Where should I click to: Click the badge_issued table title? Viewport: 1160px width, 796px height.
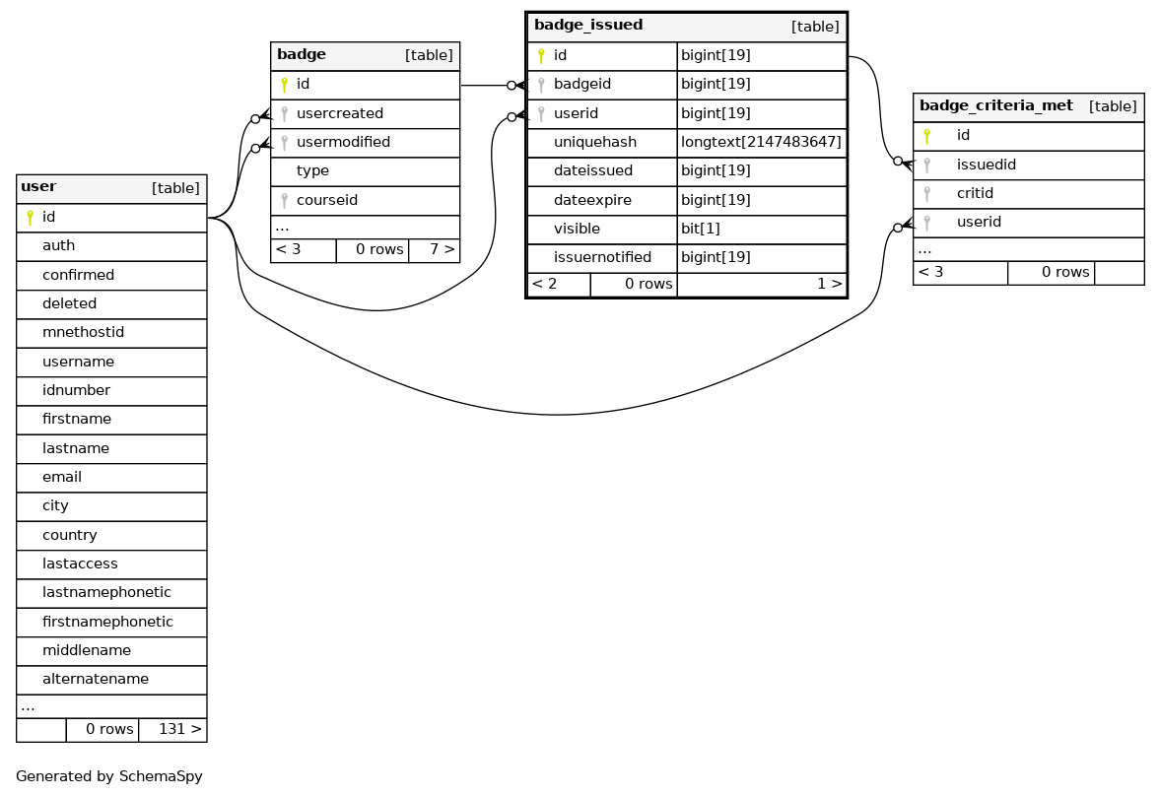coord(588,26)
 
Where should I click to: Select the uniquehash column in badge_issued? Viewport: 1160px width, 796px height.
coord(594,143)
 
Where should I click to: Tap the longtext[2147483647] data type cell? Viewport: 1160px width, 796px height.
coord(761,143)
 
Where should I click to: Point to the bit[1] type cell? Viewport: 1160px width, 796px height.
coord(700,230)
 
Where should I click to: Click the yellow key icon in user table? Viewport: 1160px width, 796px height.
coord(31,218)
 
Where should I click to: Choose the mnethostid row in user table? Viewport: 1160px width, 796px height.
coord(83,333)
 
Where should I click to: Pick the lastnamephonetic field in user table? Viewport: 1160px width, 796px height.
coord(106,593)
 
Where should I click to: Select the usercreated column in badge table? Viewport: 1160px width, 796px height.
coord(339,114)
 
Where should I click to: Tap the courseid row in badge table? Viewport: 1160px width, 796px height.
coord(326,201)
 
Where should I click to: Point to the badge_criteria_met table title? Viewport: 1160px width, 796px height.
coord(995,106)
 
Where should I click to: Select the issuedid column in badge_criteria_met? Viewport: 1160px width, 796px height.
coord(986,166)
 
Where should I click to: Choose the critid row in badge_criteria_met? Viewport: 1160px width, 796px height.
coord(975,194)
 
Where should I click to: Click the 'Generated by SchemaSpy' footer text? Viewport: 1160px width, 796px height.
coord(108,776)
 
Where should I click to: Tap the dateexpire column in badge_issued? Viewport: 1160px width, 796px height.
coord(592,201)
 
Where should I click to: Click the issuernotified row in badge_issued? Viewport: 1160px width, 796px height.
coord(602,258)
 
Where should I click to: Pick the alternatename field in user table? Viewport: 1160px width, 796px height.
coord(95,680)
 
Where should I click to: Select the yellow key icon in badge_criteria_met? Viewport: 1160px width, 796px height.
coord(926,136)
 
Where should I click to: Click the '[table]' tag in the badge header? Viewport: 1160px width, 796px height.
coord(429,56)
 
